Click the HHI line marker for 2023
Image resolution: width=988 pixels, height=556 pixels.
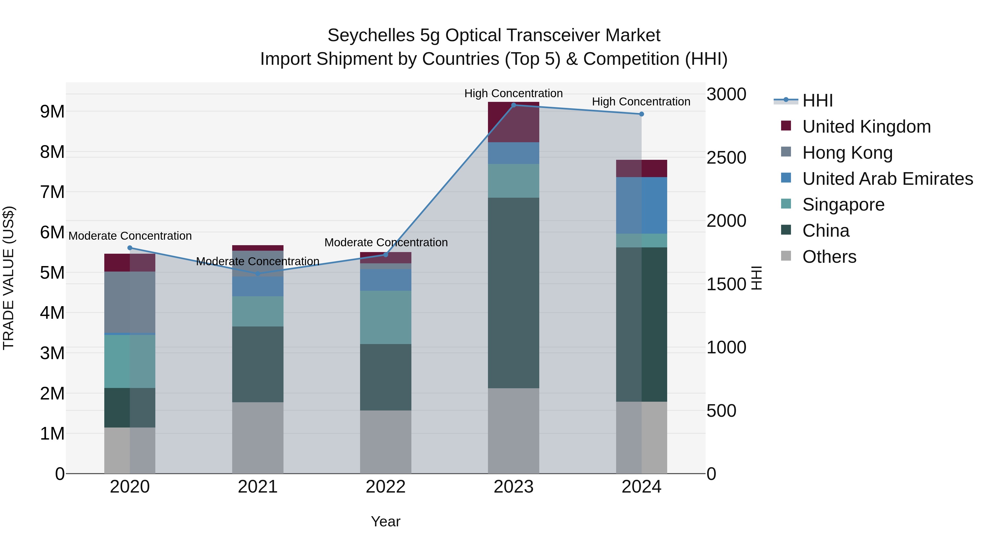[513, 105]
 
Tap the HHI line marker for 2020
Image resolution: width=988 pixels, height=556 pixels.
[130, 248]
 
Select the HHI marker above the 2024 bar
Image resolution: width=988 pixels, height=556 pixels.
[641, 114]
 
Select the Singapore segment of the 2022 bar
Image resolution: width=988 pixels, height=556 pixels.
[386, 317]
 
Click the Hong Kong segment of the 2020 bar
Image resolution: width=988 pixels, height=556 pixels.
[130, 302]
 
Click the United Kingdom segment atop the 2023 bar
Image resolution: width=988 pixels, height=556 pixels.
[513, 122]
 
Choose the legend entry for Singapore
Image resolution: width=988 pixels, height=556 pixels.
[843, 205]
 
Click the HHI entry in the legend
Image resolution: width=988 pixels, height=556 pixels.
[817, 100]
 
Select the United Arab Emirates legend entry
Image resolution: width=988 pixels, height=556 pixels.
[888, 178]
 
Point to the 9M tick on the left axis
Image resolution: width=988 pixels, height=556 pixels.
[52, 112]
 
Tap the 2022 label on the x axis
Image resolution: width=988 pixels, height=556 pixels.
[386, 487]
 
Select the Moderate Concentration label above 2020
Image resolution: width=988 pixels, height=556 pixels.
[130, 236]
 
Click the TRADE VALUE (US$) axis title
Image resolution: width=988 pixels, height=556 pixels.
[9, 278]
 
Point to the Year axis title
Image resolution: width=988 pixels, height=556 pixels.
[386, 521]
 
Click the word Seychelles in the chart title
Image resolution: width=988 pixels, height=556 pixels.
[371, 35]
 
